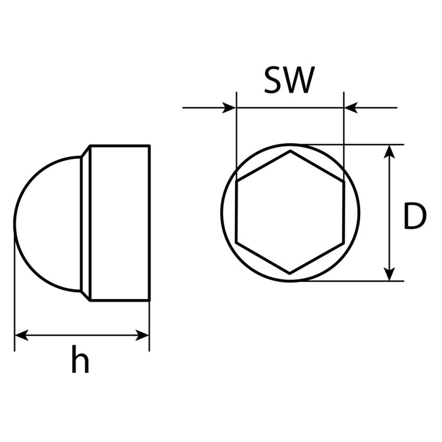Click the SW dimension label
289,80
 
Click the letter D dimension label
414,215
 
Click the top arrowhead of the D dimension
389,152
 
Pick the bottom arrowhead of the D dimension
389,274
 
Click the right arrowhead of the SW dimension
351,108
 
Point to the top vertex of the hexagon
290,151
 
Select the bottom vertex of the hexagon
290,274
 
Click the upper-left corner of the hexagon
237,181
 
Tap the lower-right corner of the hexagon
344,243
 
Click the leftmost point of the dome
15,224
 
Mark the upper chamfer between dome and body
85,151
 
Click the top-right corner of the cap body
150,145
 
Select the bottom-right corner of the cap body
150,300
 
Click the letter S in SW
273,80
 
